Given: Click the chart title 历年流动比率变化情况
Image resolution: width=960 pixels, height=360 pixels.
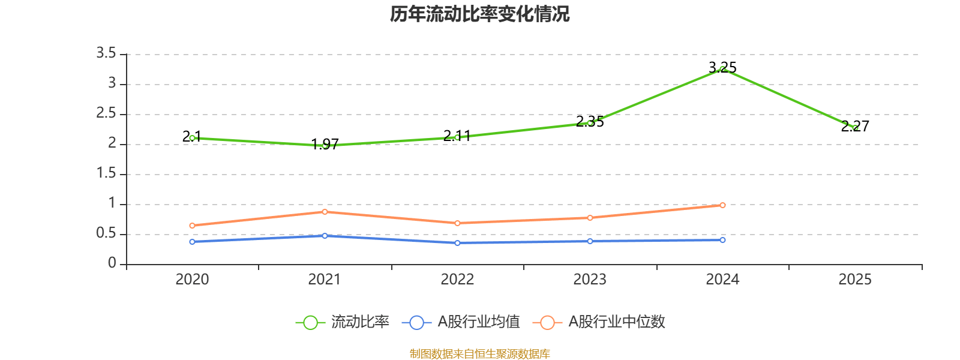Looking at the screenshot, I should point(479,14).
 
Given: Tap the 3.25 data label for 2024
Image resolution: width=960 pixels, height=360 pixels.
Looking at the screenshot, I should point(722,67).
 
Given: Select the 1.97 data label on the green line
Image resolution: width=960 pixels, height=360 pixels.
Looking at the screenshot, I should point(325,145).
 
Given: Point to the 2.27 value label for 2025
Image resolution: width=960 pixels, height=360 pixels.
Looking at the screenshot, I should point(855,126).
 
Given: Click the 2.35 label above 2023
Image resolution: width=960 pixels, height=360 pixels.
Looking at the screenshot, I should point(590,121).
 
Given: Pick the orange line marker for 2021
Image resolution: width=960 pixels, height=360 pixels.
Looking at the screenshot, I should point(325,212).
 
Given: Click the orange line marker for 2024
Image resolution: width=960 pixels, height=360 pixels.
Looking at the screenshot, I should point(722,205).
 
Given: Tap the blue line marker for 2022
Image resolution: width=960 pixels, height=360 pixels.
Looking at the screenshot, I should point(457,243).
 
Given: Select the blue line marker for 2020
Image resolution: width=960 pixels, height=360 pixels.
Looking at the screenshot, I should point(192,242).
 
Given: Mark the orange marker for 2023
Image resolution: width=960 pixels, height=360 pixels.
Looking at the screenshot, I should point(590,218).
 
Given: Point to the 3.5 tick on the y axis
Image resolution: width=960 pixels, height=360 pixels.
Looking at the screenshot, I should point(106,53).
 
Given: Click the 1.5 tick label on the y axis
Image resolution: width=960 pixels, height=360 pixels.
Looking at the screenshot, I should point(106,173).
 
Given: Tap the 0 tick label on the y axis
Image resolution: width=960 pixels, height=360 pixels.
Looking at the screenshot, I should point(112,263).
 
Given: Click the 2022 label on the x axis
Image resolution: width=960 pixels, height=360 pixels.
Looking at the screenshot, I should point(457,279).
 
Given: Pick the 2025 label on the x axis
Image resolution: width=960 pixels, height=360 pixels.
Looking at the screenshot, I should point(855,279).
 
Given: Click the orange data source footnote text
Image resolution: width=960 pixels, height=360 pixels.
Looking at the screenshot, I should point(479,354).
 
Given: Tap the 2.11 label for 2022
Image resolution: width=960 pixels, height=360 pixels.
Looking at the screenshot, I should point(457,136).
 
